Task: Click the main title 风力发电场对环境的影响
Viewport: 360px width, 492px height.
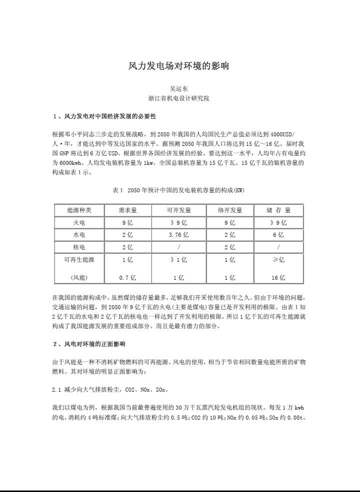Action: (179, 66)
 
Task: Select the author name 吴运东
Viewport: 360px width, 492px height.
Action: (178, 89)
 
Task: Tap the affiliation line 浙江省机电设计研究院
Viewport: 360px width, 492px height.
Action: (178, 98)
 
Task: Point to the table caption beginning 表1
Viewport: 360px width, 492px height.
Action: (178, 190)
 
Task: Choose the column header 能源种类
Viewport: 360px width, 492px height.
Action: (79, 210)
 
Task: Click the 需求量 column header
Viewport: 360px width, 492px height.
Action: (127, 210)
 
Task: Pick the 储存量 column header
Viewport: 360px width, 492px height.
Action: (278, 210)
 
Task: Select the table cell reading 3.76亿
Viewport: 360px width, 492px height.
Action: (178, 235)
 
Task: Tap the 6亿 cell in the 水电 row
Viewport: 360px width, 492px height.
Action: (278, 235)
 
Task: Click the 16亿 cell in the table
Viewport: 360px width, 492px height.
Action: (278, 278)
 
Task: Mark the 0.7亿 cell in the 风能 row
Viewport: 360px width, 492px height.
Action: (127, 278)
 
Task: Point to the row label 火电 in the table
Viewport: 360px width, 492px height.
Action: (79, 223)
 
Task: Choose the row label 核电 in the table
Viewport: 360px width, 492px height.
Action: (79, 247)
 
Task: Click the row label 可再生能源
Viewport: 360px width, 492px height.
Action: (79, 260)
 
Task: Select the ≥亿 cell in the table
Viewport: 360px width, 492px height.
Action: (278, 260)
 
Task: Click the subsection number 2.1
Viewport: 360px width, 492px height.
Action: (56, 390)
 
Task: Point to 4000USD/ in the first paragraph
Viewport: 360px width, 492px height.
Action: (282, 134)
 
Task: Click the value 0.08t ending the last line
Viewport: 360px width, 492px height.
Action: (297, 418)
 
